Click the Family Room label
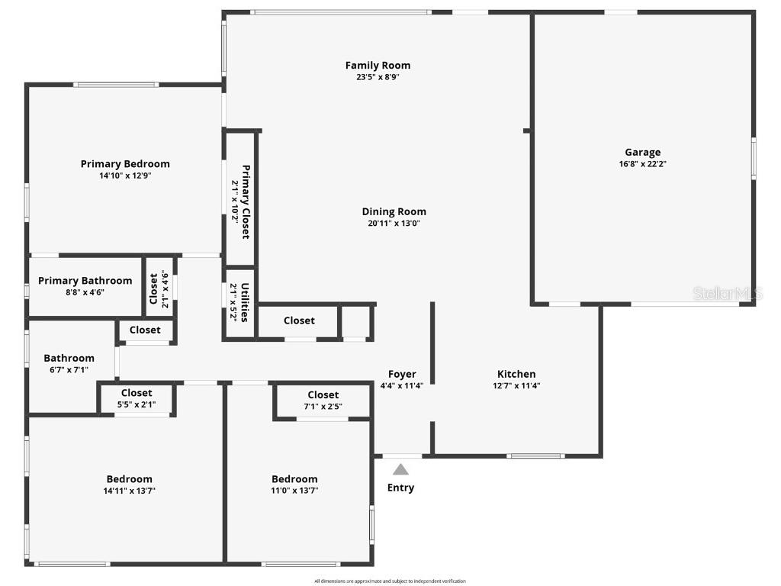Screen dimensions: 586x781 (x=378, y=66)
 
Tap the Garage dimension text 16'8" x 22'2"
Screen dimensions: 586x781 (x=643, y=164)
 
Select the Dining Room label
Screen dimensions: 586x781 (x=394, y=211)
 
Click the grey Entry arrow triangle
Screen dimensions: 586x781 (x=400, y=470)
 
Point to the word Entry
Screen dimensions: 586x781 (x=400, y=488)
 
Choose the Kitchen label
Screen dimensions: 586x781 (x=516, y=374)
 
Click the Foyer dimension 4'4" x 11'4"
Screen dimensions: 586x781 (x=401, y=386)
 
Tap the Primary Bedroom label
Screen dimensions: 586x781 (x=125, y=163)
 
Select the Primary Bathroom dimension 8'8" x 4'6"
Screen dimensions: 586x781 (x=85, y=292)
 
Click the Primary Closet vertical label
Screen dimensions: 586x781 (x=246, y=201)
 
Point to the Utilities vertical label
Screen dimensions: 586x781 (x=245, y=302)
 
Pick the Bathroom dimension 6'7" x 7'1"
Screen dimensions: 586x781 (x=69, y=370)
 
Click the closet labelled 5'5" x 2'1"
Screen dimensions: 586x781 (x=136, y=398)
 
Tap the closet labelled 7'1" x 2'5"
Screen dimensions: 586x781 (x=323, y=401)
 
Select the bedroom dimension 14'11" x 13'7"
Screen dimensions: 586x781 (x=129, y=491)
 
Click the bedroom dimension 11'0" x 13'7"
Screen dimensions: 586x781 (x=294, y=491)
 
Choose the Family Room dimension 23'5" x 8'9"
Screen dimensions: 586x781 (x=378, y=77)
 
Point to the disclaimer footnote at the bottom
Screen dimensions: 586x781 (x=390, y=581)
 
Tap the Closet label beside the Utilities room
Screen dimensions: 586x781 (x=299, y=320)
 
